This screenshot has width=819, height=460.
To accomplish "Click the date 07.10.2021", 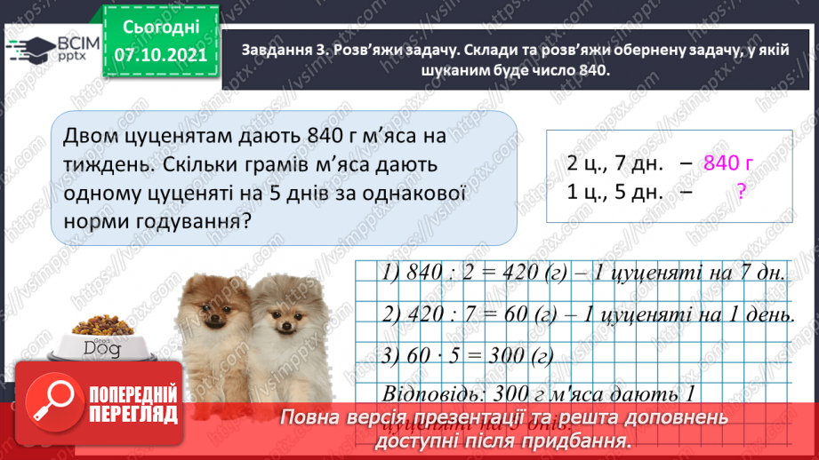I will coord(160,55).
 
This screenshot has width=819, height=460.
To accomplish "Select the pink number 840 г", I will coord(727,163).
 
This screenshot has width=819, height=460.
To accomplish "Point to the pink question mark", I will coord(740,191).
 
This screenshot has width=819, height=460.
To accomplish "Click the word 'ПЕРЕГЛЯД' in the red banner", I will coord(133,416).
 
